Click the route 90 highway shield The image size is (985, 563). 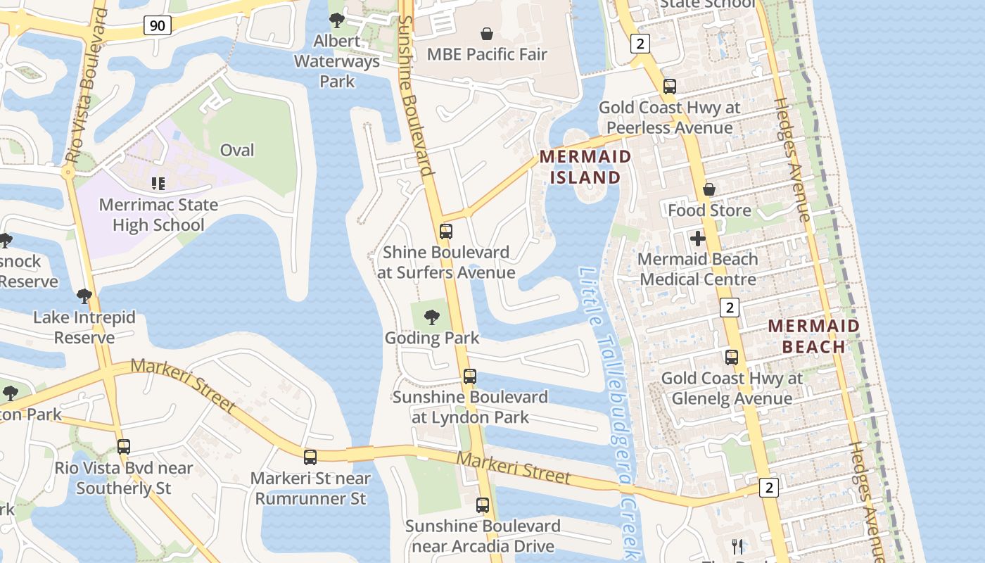158,26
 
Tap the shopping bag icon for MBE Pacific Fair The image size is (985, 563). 486,33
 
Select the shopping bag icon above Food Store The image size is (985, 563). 709,189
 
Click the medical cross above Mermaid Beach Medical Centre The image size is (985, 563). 698,239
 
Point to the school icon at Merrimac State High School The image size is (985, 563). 158,184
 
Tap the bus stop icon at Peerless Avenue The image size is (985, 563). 670,87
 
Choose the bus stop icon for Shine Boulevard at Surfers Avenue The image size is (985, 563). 446,231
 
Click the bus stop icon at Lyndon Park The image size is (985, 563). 470,377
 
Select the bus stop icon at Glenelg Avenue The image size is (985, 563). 732,357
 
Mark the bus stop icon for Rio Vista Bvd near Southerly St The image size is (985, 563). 124,446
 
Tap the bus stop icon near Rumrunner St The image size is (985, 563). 310,457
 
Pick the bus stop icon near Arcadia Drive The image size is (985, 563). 483,505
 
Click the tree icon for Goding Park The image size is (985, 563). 432,317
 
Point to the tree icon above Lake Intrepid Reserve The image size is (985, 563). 84,296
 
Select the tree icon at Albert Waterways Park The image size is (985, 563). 337,20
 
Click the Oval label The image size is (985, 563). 237,150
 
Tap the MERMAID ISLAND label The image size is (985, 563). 585,167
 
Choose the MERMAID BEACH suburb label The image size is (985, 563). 813,336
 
